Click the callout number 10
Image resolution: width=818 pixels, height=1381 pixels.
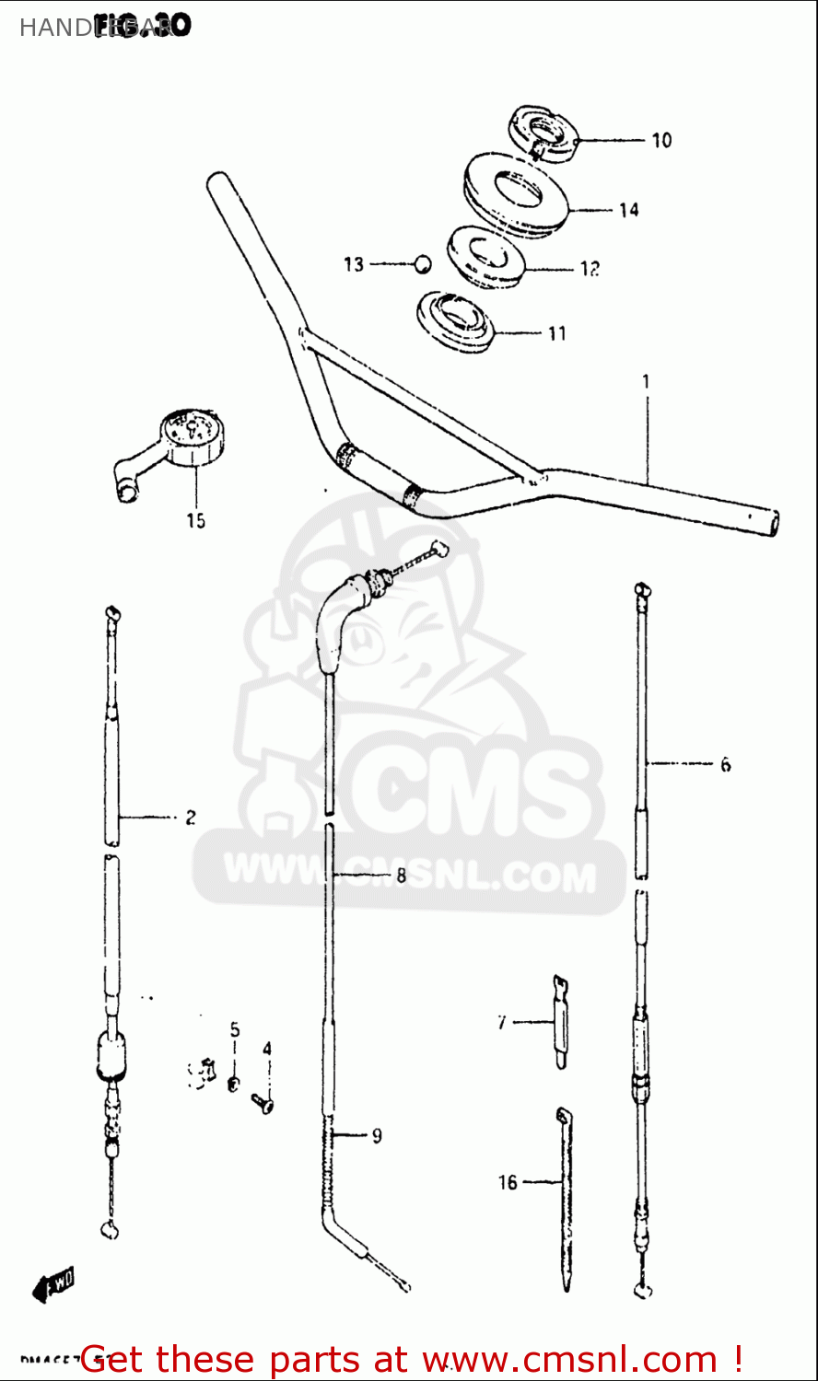[x=661, y=141]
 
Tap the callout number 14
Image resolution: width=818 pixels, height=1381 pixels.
[x=628, y=211]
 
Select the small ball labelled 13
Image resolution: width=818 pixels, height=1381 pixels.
[x=422, y=263]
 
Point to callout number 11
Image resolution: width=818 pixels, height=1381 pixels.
[x=557, y=333]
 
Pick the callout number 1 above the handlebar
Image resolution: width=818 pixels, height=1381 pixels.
[x=646, y=381]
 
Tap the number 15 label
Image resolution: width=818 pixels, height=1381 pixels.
[x=196, y=521]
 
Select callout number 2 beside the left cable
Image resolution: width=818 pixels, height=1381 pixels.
[x=191, y=817]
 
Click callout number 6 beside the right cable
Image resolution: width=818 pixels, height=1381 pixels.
[x=725, y=764]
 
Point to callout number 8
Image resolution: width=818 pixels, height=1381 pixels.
[x=401, y=876]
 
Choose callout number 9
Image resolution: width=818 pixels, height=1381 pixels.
[x=377, y=1136]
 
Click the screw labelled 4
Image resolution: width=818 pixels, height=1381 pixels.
[x=264, y=1099]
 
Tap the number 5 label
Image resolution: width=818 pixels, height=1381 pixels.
[x=235, y=1029]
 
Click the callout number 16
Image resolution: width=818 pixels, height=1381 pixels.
[x=508, y=1182]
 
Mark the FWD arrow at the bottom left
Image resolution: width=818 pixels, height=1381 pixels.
[x=53, y=1283]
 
